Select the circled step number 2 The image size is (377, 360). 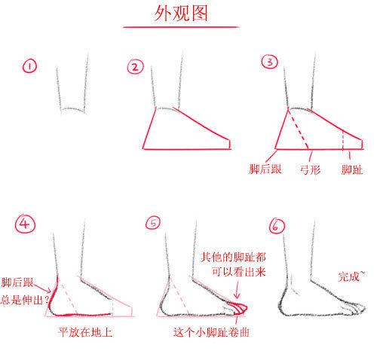(x=136, y=68)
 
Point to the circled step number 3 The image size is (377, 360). (x=269, y=63)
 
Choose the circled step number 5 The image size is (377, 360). (x=155, y=224)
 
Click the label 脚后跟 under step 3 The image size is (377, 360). (x=266, y=169)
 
